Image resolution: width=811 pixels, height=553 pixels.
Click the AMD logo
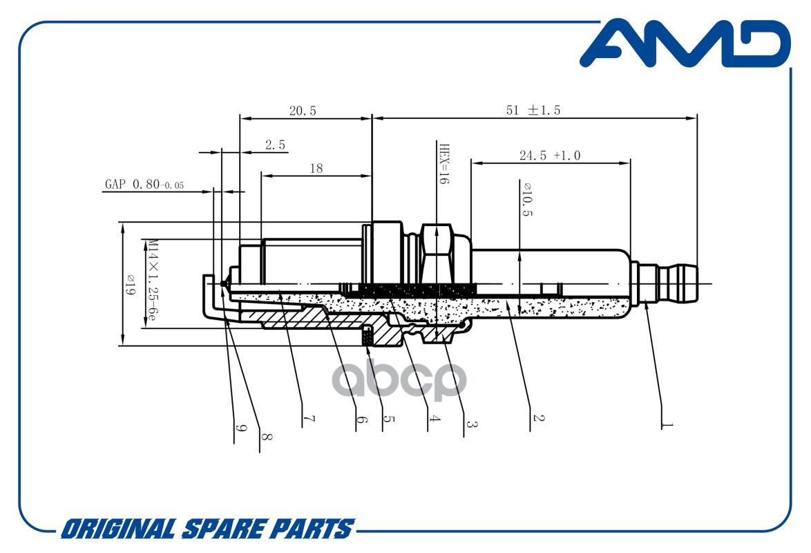[x=685, y=44]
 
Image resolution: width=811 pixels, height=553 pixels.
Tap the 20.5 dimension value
[x=303, y=111]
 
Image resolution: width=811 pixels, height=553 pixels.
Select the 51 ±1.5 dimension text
[x=533, y=110]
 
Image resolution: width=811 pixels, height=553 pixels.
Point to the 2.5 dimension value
[x=275, y=144]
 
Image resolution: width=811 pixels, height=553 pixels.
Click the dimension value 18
[x=316, y=168]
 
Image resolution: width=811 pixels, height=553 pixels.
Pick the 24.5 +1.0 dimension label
[x=550, y=156]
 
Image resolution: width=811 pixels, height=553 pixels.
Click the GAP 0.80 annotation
[x=144, y=184]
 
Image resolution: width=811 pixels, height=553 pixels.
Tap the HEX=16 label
[x=443, y=164]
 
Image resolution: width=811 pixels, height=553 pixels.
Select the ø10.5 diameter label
[x=527, y=199]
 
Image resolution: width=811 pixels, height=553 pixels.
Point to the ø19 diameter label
[x=129, y=285]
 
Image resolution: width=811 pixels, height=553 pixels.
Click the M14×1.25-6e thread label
[x=152, y=279]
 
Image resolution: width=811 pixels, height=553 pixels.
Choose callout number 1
[x=667, y=425]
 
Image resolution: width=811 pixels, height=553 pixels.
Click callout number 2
[x=538, y=418]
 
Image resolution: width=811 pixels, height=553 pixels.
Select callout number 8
[x=266, y=436]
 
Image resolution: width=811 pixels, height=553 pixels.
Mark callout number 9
[x=240, y=428]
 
